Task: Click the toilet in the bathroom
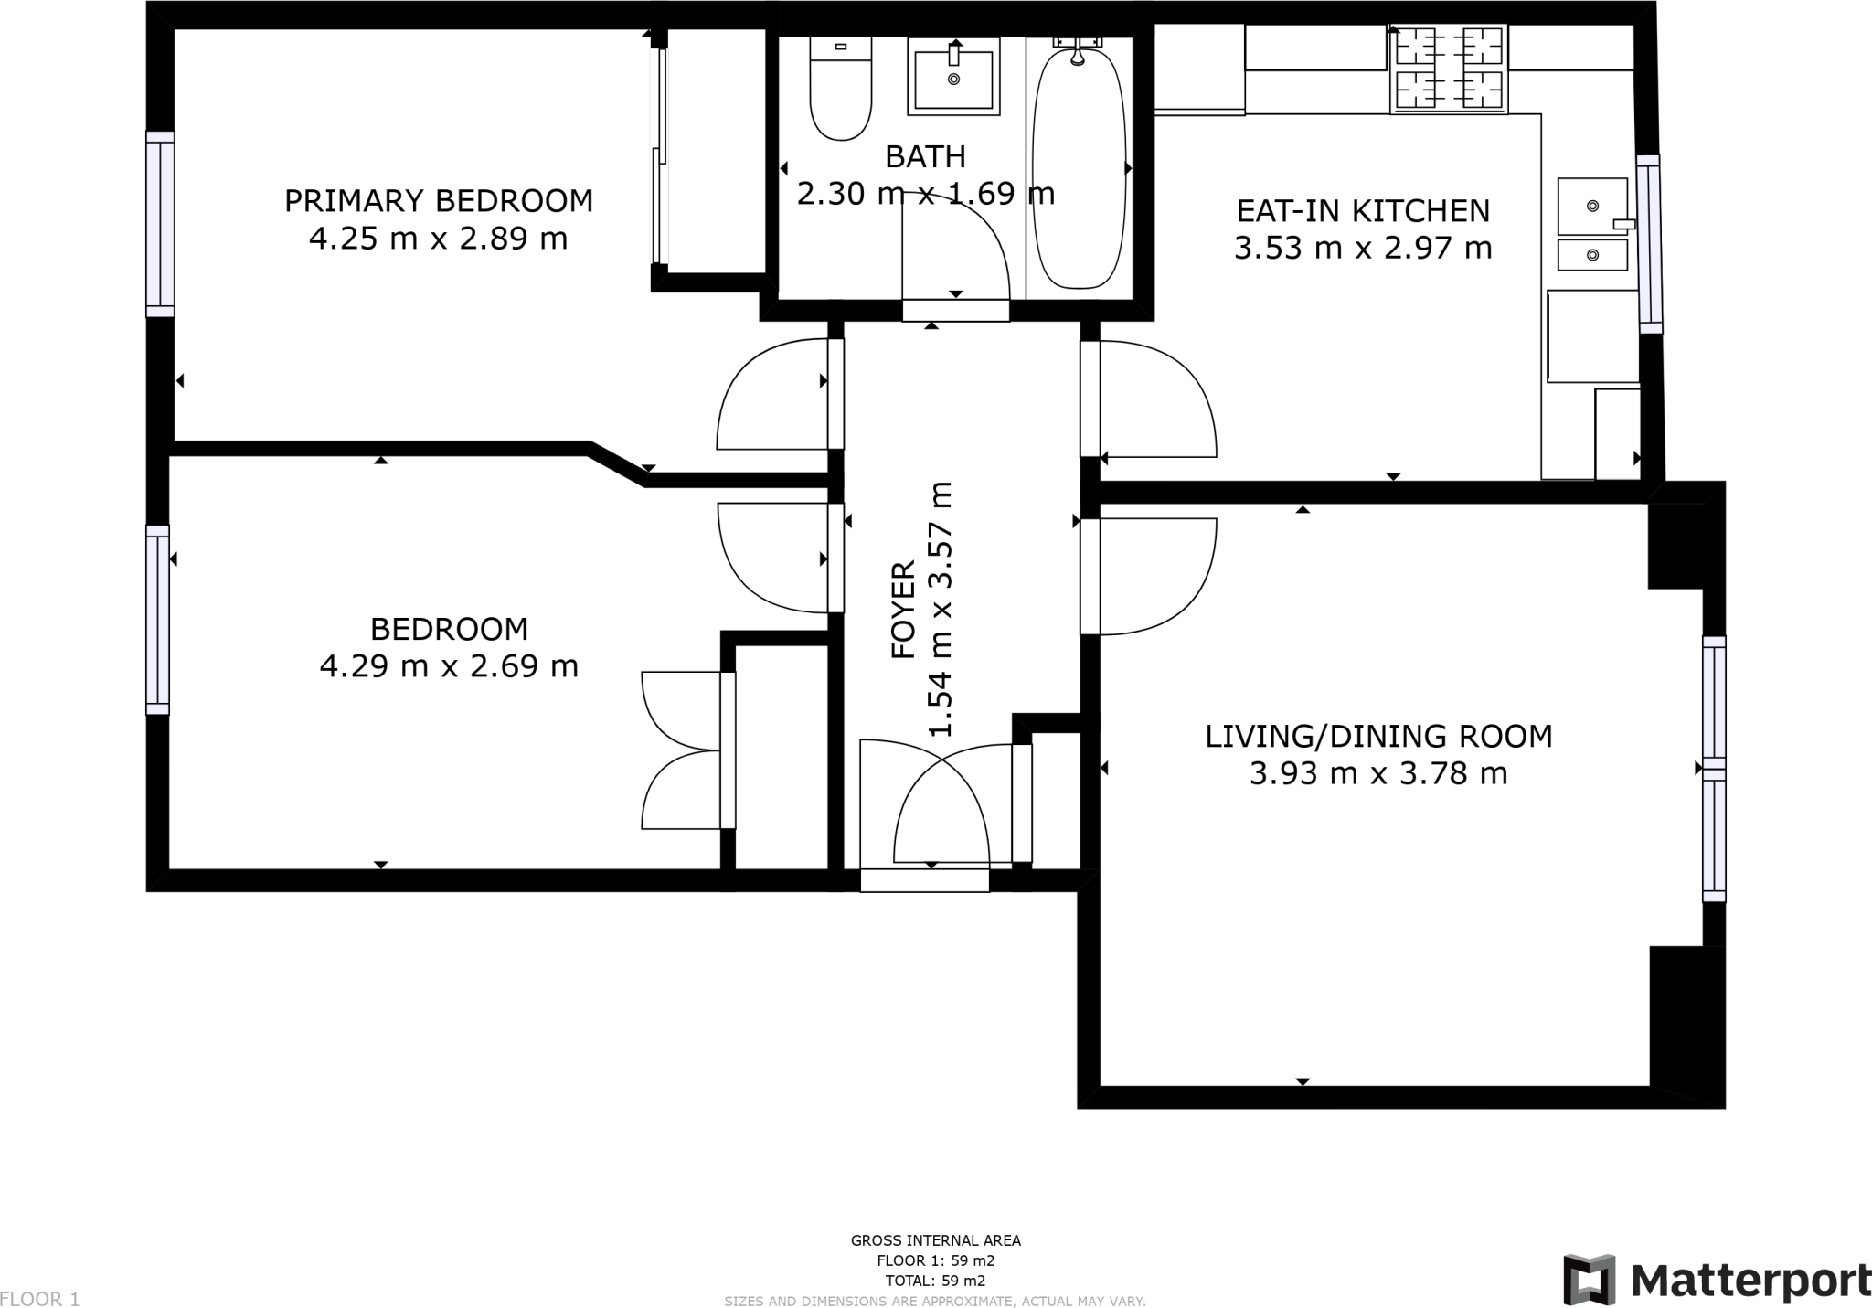840,91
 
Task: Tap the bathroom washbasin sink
953,79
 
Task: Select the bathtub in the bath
1078,169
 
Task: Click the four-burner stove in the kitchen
1449,69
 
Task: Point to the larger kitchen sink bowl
1592,207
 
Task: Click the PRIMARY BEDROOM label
439,200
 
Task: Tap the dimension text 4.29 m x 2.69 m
449,666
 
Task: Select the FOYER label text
903,610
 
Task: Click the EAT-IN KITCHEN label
1363,211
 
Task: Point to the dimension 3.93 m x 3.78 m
1378,774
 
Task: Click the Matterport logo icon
1589,1279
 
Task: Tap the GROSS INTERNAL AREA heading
935,1240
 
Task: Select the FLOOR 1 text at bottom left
40,1299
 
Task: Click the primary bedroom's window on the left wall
160,224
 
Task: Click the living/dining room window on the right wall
1714,769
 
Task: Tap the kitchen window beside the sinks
1649,244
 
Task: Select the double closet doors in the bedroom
681,750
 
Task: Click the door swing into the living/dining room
1156,576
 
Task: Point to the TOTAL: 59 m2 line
935,1281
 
